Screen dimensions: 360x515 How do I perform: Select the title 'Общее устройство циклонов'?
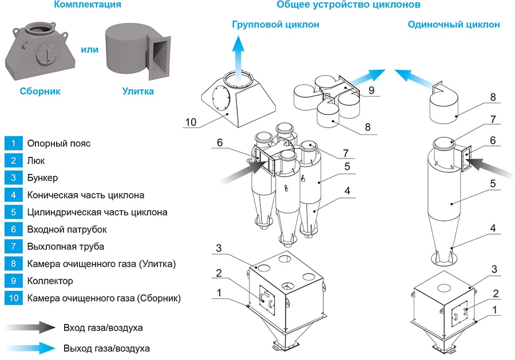pos(348,5)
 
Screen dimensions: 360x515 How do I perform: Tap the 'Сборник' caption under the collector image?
pos(39,91)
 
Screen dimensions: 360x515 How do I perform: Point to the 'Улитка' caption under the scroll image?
pos(138,91)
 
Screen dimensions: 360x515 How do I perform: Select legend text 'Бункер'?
pos(42,177)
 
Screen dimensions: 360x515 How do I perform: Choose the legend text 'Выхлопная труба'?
pos(62,246)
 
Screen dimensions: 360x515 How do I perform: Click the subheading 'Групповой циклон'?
pos(275,25)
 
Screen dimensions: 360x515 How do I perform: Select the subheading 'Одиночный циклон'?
pos(453,25)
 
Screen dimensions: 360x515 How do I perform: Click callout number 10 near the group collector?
pos(191,121)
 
